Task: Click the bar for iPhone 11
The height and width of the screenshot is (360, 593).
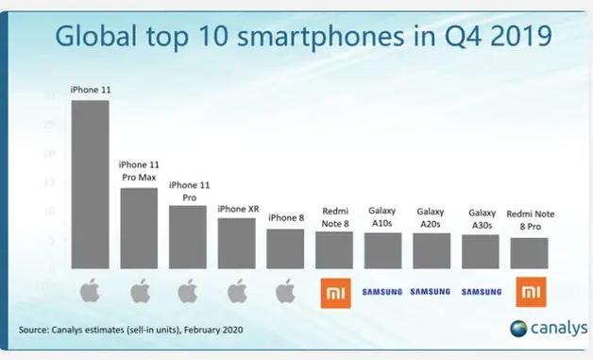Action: pos(90,184)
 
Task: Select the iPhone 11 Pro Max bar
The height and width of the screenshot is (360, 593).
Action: pos(139,228)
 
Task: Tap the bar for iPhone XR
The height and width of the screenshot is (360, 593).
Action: pos(236,243)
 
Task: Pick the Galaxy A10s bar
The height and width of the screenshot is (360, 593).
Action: pos(382,250)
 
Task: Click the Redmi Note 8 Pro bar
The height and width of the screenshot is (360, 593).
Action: pos(529,253)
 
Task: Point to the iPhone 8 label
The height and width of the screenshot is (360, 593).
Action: pos(285,218)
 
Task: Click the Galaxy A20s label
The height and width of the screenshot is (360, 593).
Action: pos(431,218)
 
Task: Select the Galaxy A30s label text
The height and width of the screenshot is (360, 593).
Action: pos(480,219)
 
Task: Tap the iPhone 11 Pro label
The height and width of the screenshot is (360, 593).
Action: pos(187,191)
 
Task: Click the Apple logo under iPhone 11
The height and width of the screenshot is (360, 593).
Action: pos(90,291)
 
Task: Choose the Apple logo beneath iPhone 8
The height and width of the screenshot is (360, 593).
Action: pos(285,291)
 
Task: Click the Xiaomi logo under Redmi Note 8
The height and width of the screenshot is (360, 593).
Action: pos(334,292)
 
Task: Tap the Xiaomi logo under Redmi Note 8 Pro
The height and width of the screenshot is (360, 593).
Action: pos(529,292)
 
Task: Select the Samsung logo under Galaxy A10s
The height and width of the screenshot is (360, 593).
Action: pos(382,292)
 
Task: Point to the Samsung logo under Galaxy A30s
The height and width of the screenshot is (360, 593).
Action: pos(481,292)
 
